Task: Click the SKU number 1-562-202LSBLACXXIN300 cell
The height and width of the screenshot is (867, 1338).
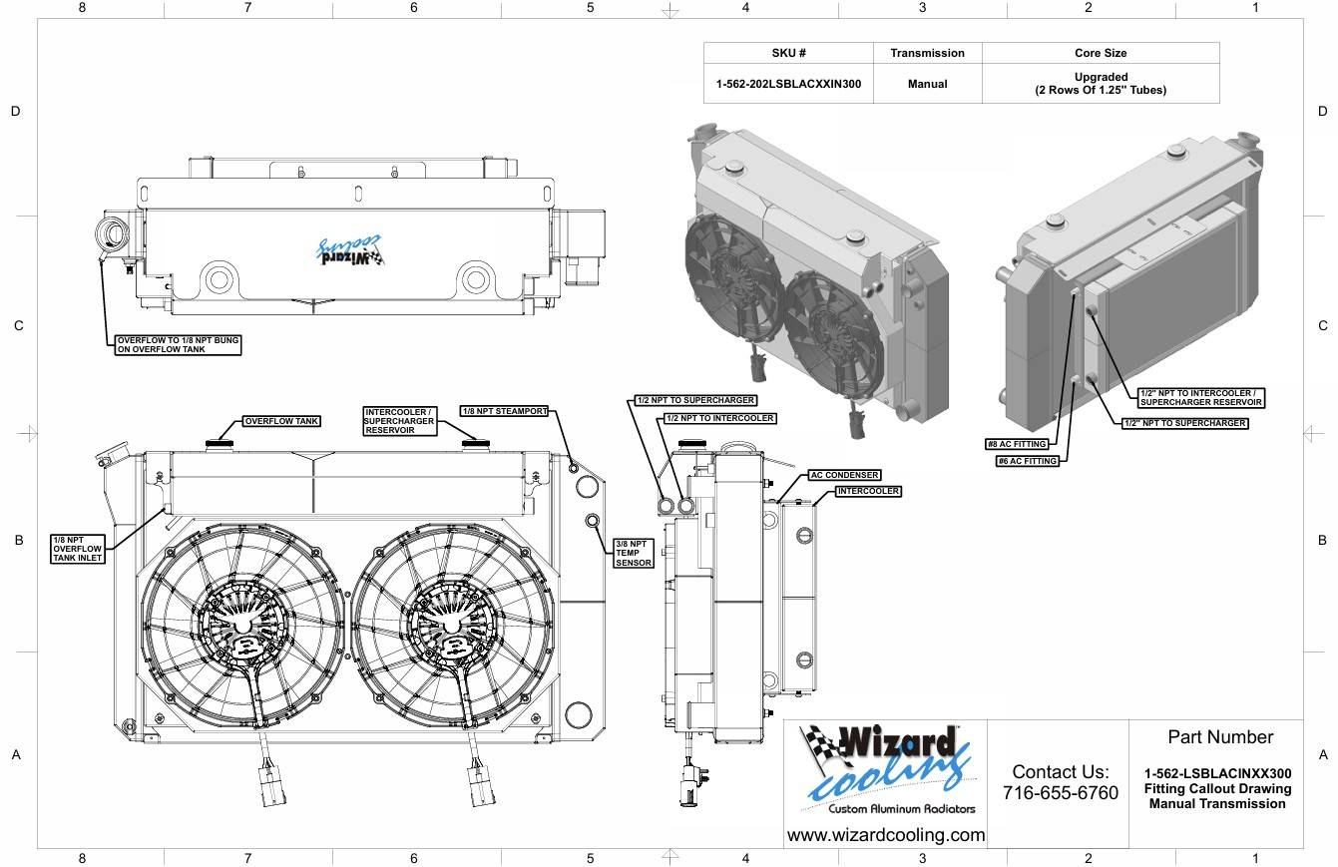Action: [788, 84]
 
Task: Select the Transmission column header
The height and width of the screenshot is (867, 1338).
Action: [927, 53]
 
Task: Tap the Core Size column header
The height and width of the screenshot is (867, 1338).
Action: [1101, 53]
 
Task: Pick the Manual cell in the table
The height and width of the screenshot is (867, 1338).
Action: [927, 84]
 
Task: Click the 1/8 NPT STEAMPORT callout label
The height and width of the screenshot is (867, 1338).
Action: [505, 411]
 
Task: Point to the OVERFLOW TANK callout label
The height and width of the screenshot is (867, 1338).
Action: [281, 421]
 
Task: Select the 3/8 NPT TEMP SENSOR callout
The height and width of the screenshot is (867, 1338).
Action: [634, 553]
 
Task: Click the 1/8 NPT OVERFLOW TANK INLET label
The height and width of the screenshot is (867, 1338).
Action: [78, 549]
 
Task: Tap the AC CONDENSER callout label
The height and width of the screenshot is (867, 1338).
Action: [844, 475]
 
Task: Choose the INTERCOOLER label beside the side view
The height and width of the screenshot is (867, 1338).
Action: [868, 492]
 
